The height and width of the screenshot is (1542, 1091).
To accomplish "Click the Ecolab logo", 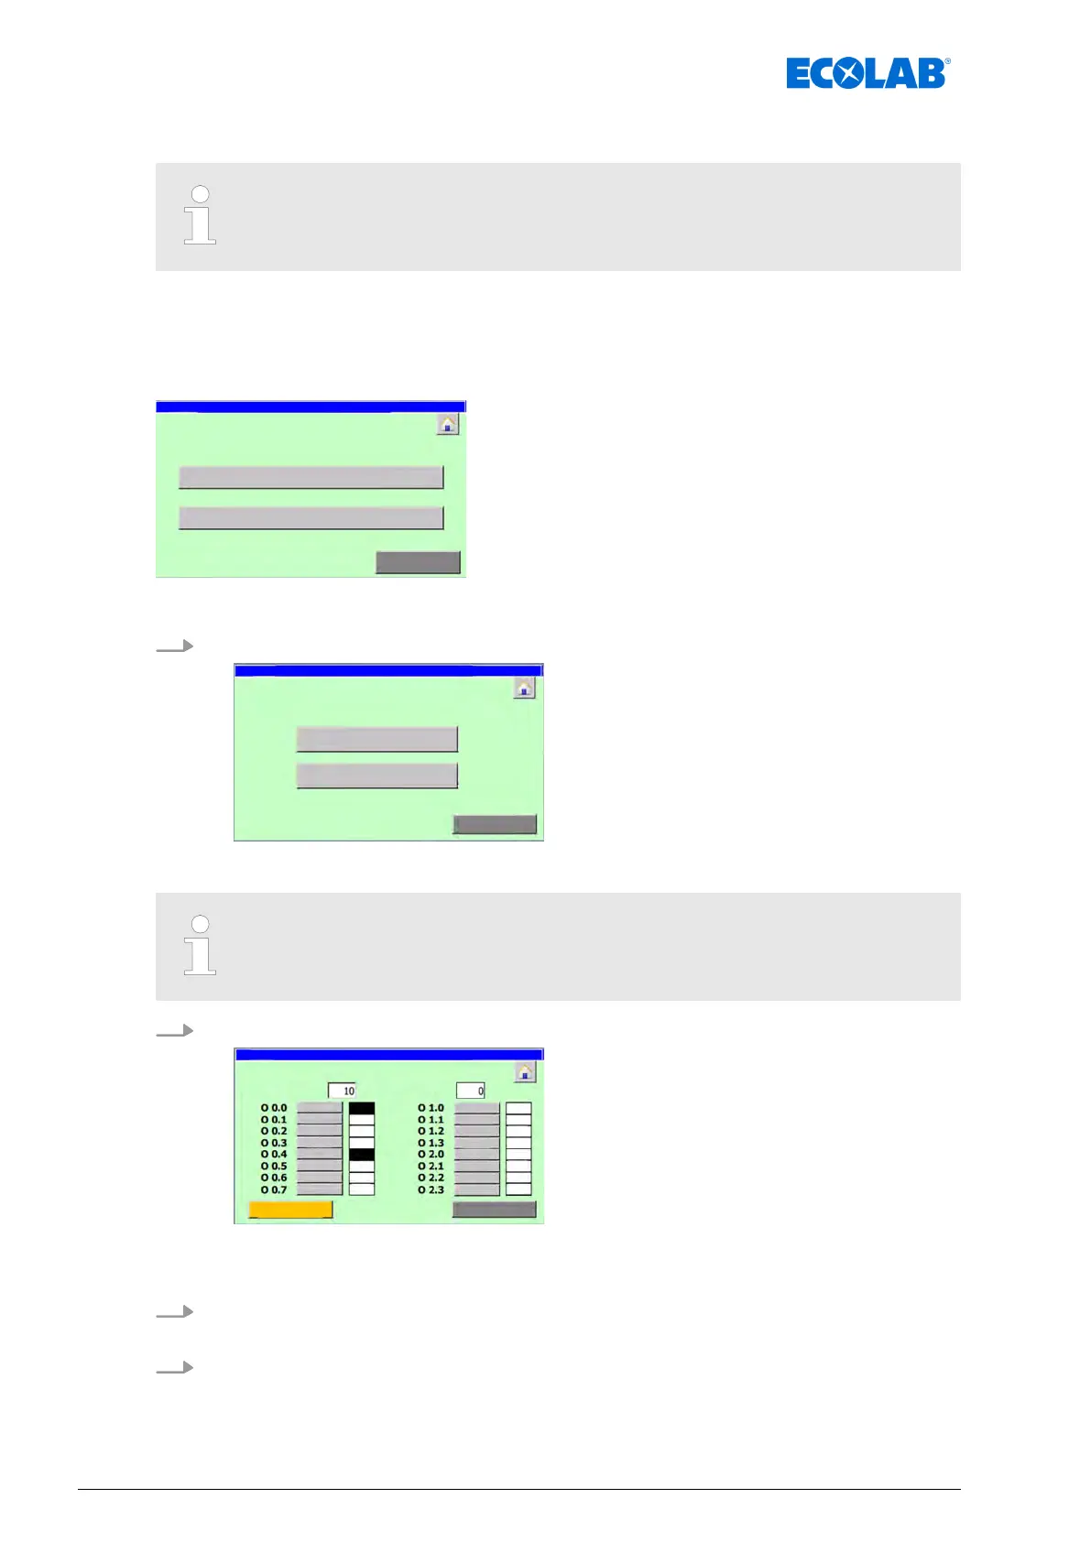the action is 867,73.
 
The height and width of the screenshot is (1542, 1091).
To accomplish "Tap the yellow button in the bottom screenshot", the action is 290,1210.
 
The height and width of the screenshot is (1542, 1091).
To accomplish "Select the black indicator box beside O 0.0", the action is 362,1108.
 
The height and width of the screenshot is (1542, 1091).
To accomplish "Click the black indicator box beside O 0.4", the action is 362,1155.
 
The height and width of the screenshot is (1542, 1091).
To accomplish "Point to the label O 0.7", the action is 274,1189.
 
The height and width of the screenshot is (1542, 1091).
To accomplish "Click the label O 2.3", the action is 431,1189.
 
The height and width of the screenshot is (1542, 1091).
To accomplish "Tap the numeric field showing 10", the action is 342,1091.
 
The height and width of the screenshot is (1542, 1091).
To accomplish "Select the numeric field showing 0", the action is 471,1091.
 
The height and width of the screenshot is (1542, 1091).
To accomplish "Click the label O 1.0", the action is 431,1108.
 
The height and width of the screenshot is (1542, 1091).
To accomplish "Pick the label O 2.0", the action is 431,1155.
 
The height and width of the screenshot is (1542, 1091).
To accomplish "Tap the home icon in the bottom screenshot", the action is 525,1071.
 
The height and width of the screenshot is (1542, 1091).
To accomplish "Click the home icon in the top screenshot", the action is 447,424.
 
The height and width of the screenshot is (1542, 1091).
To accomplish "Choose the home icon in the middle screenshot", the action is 524,688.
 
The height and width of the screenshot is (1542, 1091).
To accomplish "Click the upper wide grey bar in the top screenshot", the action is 311,477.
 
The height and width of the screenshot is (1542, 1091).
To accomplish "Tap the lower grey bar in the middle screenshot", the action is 376,776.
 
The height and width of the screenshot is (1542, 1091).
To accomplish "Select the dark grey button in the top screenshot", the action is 418,562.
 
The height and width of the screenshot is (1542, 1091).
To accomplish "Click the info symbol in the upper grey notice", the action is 200,215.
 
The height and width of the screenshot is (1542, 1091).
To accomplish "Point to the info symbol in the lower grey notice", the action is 200,945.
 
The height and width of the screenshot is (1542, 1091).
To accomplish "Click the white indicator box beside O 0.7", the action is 362,1189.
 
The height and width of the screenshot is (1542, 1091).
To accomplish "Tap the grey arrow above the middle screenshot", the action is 175,646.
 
